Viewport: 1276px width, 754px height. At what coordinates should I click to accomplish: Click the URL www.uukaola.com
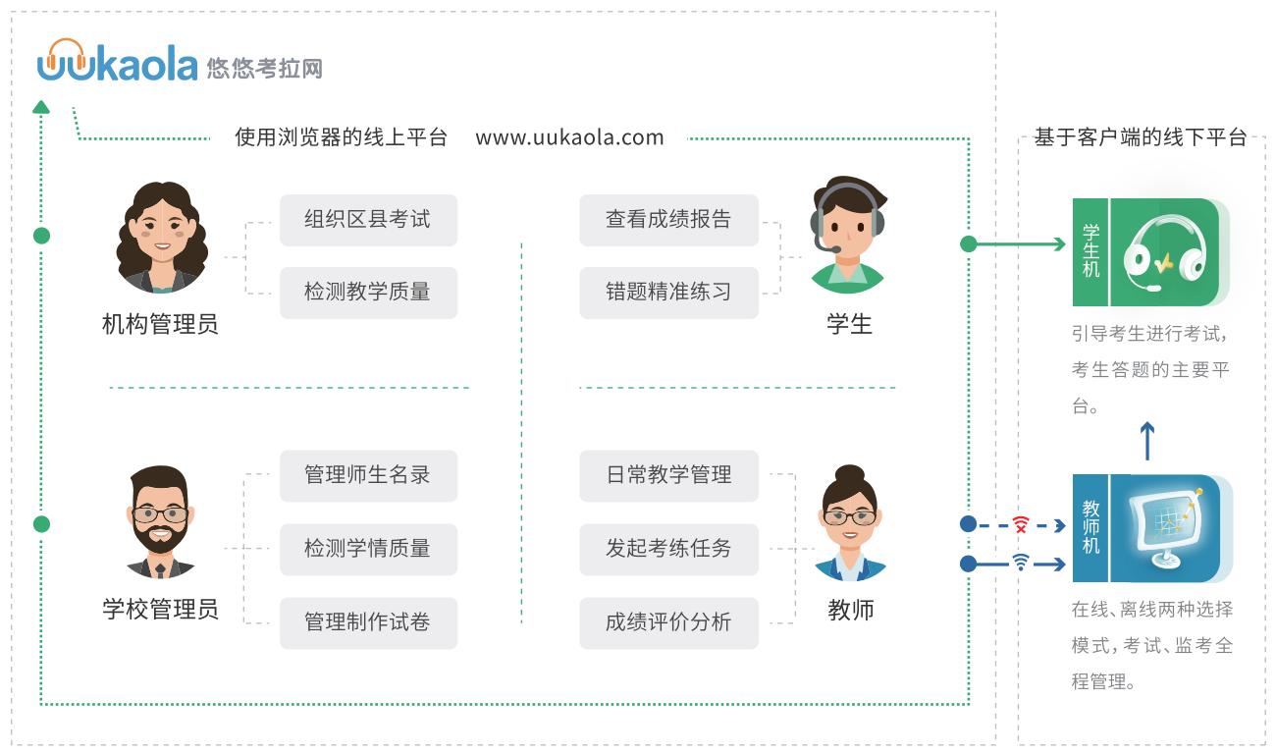pyautogui.click(x=569, y=137)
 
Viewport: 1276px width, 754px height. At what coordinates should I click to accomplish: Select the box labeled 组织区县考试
pyautogui.click(x=368, y=220)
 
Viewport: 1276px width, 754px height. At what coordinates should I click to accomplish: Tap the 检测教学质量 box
pyautogui.click(x=368, y=293)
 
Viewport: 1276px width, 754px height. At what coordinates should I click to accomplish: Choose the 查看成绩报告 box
pyautogui.click(x=668, y=220)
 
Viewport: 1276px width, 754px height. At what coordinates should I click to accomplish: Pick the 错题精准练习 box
pyautogui.click(x=668, y=293)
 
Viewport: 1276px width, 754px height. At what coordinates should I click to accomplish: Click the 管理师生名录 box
pyautogui.click(x=368, y=476)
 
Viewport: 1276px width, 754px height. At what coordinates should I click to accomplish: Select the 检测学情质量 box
pyautogui.click(x=368, y=549)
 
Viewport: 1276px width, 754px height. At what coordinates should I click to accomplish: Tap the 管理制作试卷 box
pyautogui.click(x=368, y=622)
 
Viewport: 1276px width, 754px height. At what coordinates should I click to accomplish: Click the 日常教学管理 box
pyautogui.click(x=668, y=476)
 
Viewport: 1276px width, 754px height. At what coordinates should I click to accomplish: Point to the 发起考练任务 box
pyautogui.click(x=668, y=549)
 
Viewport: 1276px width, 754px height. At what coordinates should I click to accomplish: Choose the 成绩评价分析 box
pyautogui.click(x=668, y=622)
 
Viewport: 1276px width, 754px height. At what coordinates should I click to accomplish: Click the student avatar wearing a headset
pyautogui.click(x=848, y=237)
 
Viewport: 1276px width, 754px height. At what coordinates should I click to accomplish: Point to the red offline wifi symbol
pyautogui.click(x=1021, y=525)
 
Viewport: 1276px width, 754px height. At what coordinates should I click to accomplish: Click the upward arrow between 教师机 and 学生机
pyautogui.click(x=1146, y=441)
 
